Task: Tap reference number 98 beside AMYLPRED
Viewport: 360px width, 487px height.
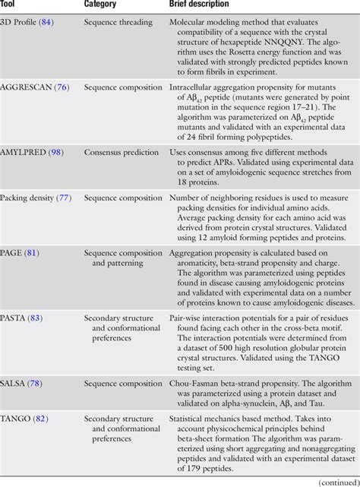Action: point(56,153)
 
